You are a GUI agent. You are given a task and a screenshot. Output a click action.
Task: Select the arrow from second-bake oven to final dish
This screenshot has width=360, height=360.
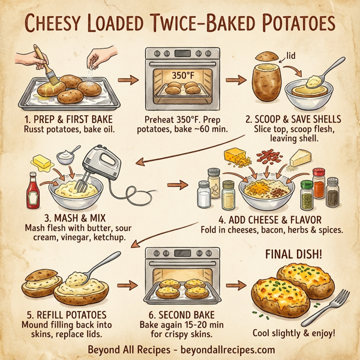click(240, 284)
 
